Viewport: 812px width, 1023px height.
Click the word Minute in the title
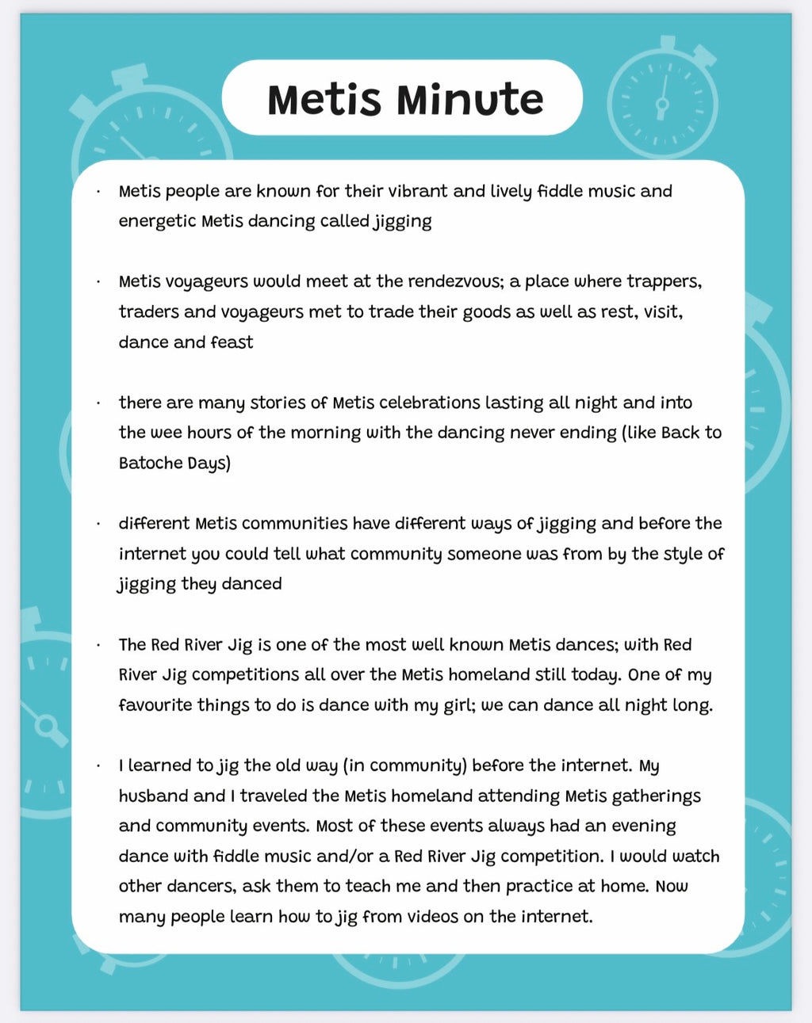tap(469, 100)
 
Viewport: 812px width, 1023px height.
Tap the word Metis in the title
tap(324, 100)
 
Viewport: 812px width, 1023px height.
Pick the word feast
tap(232, 342)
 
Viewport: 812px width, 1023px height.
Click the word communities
tap(294, 524)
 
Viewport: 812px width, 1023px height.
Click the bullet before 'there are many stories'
tap(98, 403)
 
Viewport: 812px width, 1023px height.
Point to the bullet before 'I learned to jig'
tap(98, 766)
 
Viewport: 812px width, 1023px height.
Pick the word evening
tap(642, 826)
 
